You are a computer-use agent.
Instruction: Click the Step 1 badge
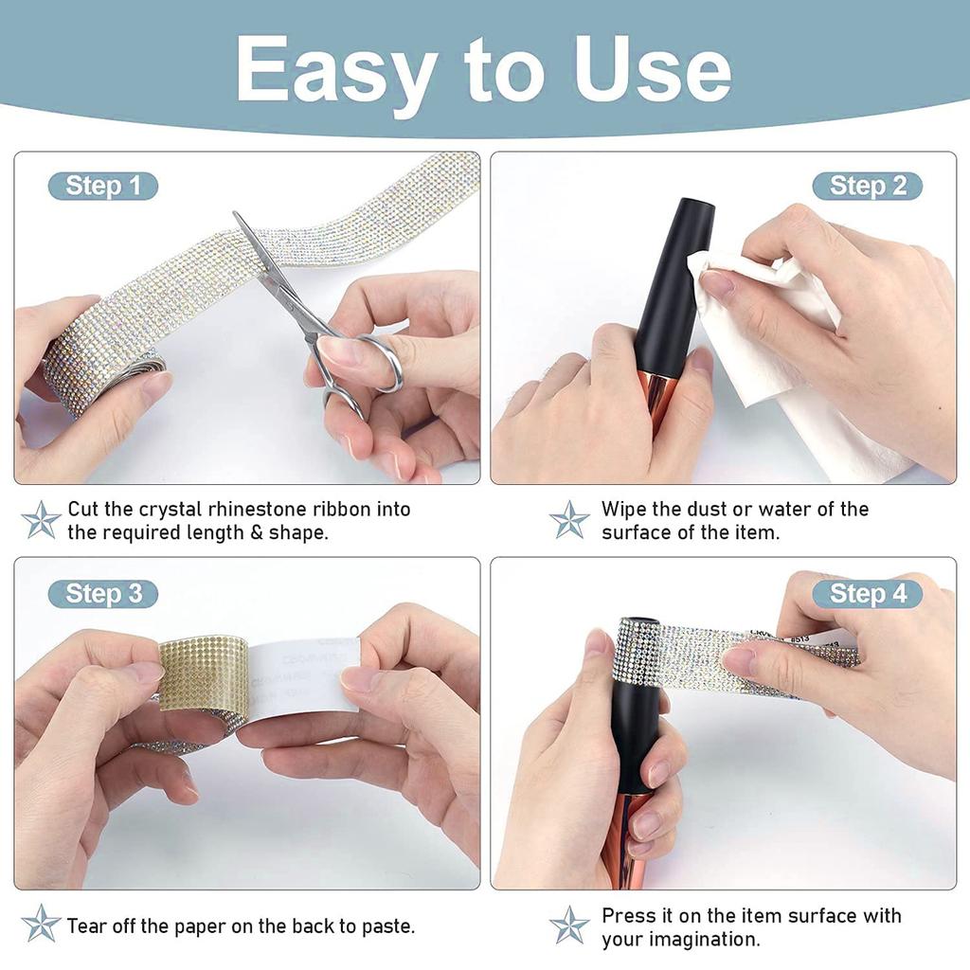coord(102,186)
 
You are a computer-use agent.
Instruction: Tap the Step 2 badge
coord(868,186)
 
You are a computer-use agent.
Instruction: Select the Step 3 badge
coord(102,594)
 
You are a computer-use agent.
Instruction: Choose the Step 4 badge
coord(868,594)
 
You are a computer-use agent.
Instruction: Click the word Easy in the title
coord(336,71)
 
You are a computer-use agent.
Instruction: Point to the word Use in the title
coord(653,71)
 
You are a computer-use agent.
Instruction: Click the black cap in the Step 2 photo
coord(674,275)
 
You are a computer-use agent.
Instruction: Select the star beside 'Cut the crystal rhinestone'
coord(41,520)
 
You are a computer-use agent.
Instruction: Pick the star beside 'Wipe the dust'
coord(568,520)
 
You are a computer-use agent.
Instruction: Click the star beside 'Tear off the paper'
coord(41,924)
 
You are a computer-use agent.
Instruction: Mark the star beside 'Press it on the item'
coord(568,925)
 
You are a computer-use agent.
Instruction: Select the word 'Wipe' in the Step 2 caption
coord(625,509)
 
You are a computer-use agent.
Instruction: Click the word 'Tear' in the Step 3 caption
coord(87,925)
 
